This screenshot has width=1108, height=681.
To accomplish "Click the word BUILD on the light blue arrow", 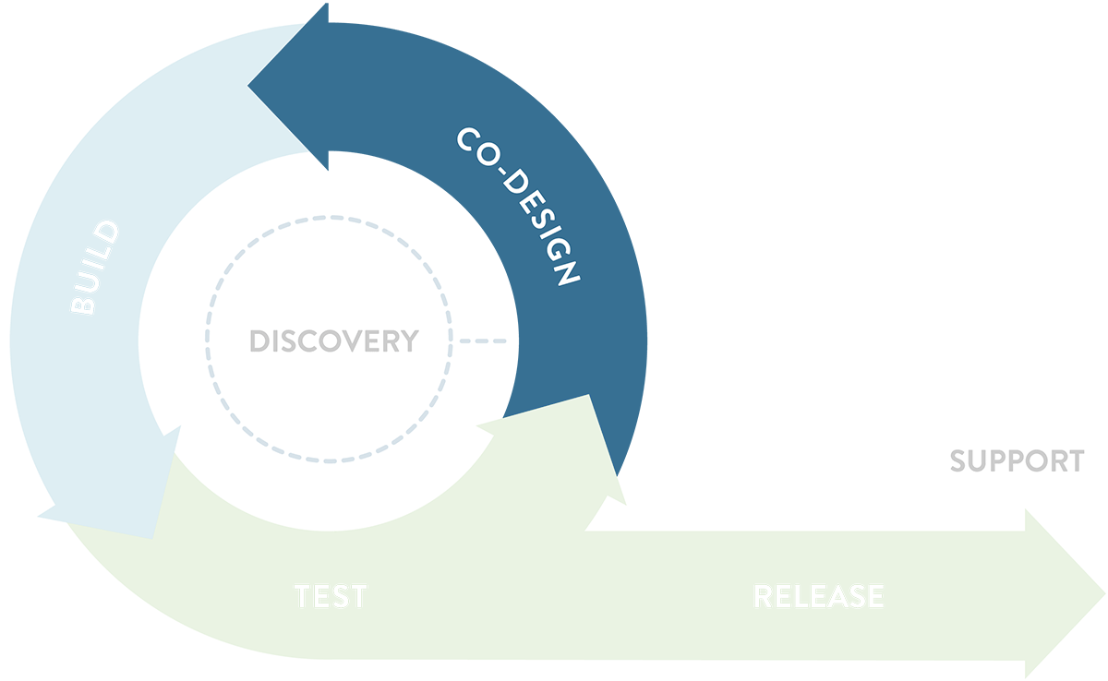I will click(96, 269).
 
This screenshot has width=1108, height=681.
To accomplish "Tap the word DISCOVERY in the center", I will click(333, 341).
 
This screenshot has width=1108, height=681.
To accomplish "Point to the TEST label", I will click(331, 596).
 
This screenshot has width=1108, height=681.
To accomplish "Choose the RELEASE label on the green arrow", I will click(818, 596).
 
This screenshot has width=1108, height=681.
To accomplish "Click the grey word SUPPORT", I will click(1017, 461).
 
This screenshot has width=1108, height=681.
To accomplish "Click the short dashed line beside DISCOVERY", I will click(483, 341).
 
